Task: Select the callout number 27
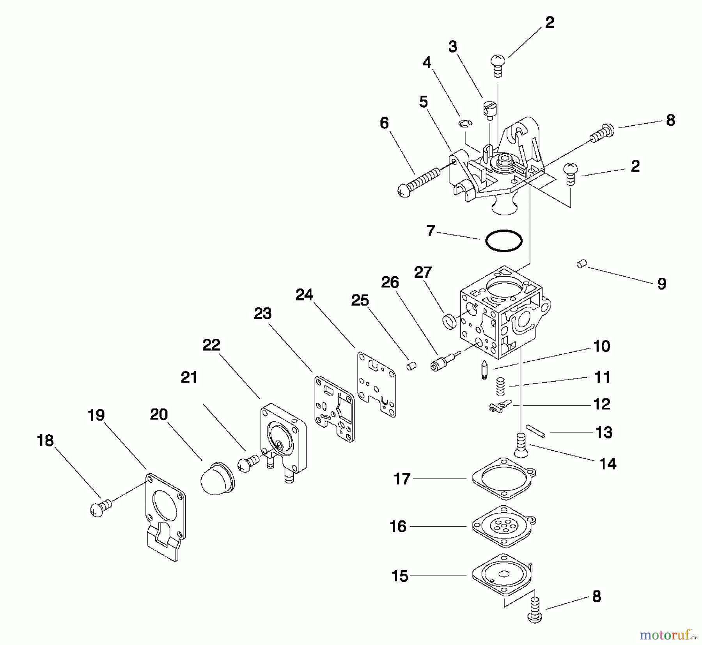(x=423, y=272)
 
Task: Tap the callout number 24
(x=304, y=295)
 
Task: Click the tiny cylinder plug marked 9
(x=581, y=264)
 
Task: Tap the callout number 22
(x=211, y=345)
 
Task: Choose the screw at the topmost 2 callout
(x=498, y=66)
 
